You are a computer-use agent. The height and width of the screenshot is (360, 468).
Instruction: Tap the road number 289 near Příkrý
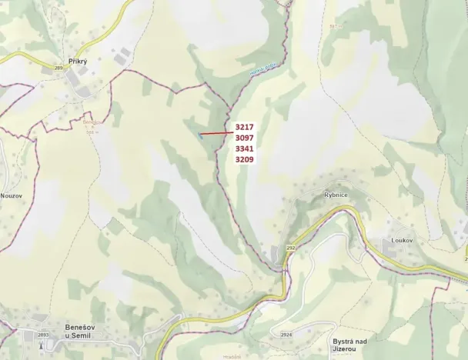(x=58, y=68)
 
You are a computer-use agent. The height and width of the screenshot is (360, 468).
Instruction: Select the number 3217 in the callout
(x=245, y=127)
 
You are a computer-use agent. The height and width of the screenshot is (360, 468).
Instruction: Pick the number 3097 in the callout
(x=245, y=138)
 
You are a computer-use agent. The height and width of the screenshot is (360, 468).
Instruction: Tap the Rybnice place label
(x=336, y=195)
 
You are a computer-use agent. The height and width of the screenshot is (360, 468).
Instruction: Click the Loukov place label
(x=402, y=240)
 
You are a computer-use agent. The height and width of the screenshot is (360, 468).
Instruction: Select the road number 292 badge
(x=290, y=248)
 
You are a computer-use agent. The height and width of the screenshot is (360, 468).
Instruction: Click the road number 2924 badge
(x=286, y=335)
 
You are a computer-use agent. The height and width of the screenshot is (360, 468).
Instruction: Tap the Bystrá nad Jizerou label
(x=352, y=345)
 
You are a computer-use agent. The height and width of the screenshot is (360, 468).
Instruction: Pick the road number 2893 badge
(x=43, y=335)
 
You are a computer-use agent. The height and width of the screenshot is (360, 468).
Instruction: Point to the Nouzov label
(x=11, y=195)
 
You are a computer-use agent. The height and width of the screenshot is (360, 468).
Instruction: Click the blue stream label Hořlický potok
(x=262, y=73)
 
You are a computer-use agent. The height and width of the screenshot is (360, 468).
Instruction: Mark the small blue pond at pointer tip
(x=200, y=135)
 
